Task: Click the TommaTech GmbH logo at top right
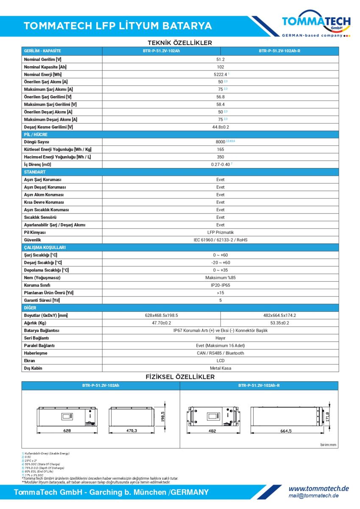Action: pyautogui.click(x=316, y=25)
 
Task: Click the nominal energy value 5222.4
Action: pyautogui.click(x=220, y=74)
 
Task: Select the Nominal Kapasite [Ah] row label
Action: pyautogui.click(x=45, y=67)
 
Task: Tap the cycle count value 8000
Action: pyautogui.click(x=220, y=142)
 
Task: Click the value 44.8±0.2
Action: pyautogui.click(x=220, y=127)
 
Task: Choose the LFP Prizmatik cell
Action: pyautogui.click(x=220, y=232)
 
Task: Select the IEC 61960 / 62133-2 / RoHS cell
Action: pyautogui.click(x=220, y=240)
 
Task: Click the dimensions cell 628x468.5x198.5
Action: pyautogui.click(x=162, y=315)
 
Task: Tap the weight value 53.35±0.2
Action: pyautogui.click(x=279, y=323)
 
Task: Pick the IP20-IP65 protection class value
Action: pyautogui.click(x=220, y=285)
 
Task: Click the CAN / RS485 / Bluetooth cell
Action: pyautogui.click(x=220, y=353)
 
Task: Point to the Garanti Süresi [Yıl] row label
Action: pyautogui.click(x=42, y=300)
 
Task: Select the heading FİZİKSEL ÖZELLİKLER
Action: pyautogui.click(x=180, y=377)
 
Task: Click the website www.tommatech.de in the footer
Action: pyautogui.click(x=318, y=489)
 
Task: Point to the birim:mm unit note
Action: pyautogui.click(x=328, y=445)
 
